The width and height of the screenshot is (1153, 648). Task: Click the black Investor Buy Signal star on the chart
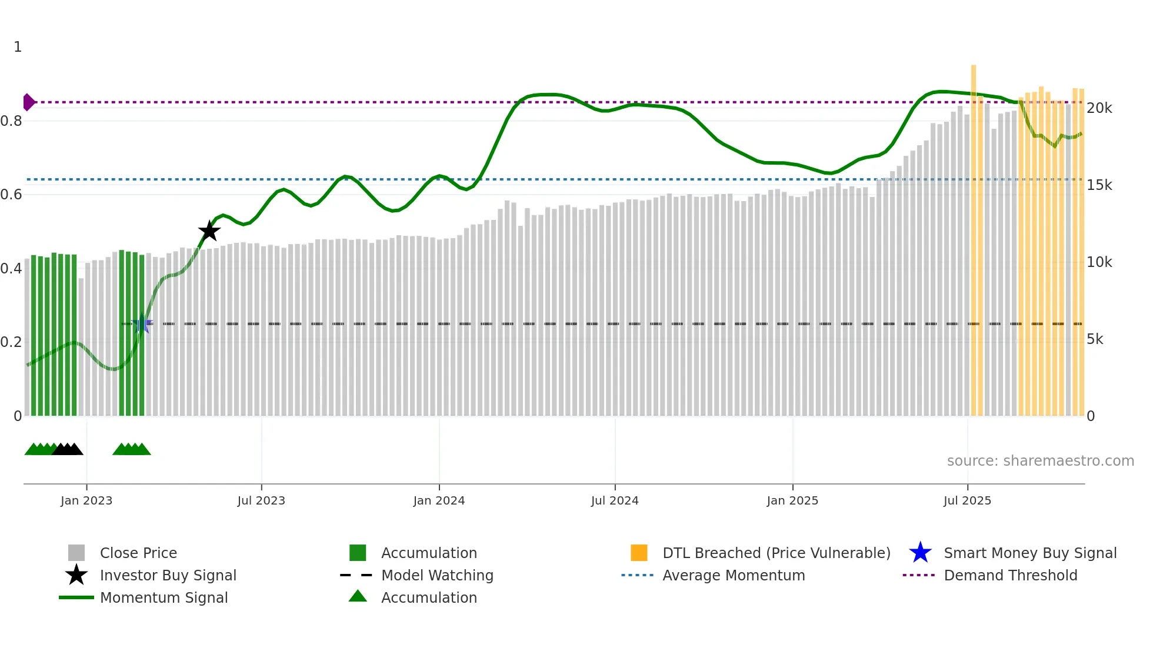pos(209,231)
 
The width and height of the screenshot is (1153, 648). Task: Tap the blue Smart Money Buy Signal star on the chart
pos(141,324)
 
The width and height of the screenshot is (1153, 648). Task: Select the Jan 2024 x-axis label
pos(439,500)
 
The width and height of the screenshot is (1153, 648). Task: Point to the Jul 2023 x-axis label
pos(261,500)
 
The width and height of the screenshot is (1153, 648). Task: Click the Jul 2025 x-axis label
pos(967,500)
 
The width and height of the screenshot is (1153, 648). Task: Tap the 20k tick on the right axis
pos(1099,108)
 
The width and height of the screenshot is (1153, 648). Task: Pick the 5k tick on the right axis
pos(1095,339)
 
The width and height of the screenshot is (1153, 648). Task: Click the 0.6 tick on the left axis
pos(11,195)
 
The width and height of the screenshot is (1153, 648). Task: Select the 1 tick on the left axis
pos(18,47)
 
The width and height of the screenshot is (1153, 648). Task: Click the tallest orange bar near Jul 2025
pos(974,235)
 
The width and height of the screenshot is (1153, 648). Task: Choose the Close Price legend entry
pos(138,553)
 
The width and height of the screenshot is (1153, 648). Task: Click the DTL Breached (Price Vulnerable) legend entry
pos(776,553)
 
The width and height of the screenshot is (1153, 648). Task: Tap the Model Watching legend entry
pos(437,575)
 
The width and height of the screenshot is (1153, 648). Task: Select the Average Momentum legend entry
pos(734,575)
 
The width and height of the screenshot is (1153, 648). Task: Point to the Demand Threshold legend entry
pos(1010,575)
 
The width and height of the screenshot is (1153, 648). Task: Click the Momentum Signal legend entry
pos(164,597)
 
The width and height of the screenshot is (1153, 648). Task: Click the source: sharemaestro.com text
pos(1040,461)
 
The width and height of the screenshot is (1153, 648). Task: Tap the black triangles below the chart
pos(68,449)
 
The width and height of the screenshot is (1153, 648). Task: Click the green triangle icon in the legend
pos(358,597)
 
